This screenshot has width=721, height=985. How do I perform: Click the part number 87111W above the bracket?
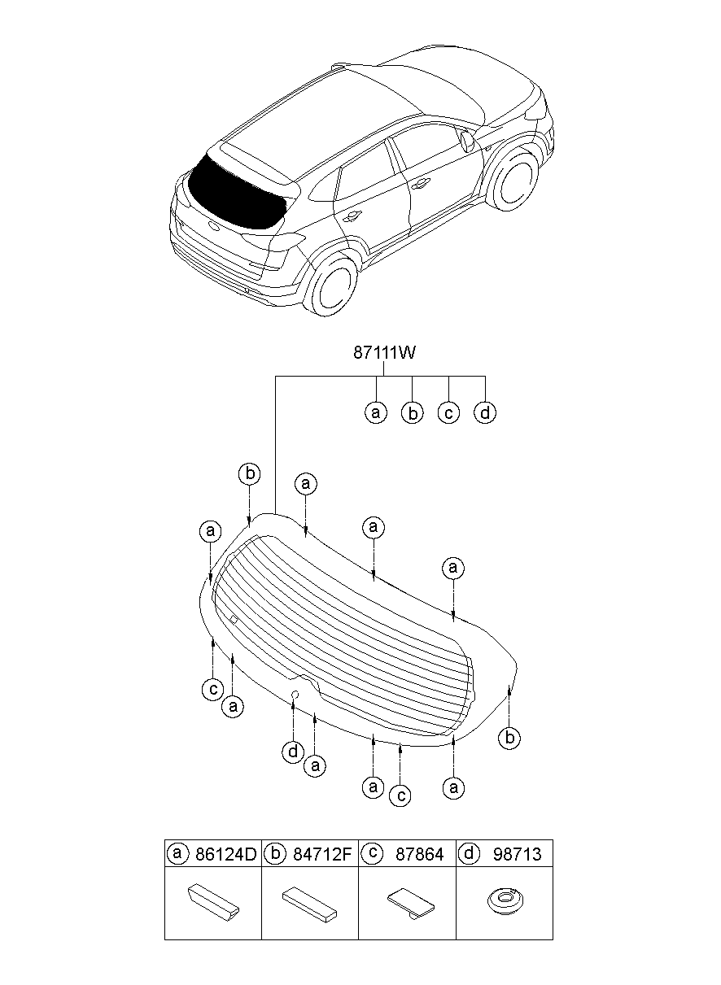tap(384, 353)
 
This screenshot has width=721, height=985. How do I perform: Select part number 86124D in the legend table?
tap(225, 854)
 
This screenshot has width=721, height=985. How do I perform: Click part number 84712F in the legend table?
tap(322, 854)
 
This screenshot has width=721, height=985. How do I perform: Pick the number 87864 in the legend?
tap(419, 854)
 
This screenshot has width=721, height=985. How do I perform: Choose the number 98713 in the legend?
tap(517, 854)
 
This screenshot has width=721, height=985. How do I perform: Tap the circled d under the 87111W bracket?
tap(485, 413)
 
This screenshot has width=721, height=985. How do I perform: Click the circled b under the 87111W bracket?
tap(413, 413)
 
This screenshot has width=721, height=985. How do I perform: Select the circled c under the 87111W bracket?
tap(448, 413)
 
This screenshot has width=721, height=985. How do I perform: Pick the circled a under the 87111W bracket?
tap(375, 413)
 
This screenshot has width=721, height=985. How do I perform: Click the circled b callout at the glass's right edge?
tap(509, 738)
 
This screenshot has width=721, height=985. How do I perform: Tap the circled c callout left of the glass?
tap(212, 690)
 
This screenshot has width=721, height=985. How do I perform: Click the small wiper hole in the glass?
tap(296, 694)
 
